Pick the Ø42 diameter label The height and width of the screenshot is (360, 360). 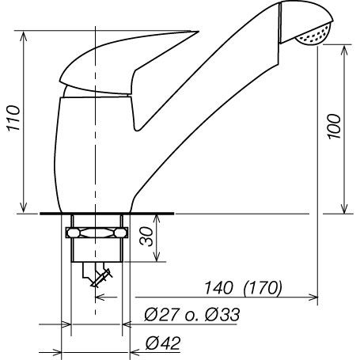(164, 343)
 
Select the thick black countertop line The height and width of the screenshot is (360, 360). (106, 214)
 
